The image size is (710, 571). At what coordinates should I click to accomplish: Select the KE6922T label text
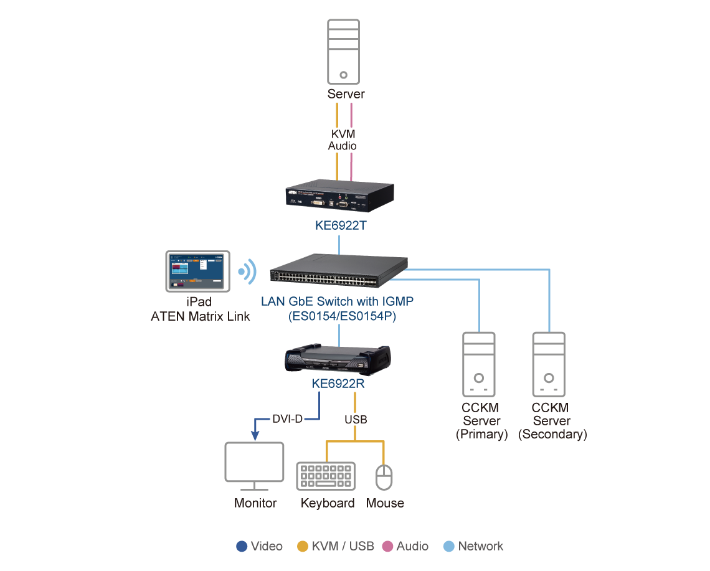click(x=339, y=225)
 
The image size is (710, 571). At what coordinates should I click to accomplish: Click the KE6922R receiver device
click(x=338, y=360)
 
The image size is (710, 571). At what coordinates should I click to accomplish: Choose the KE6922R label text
click(x=338, y=384)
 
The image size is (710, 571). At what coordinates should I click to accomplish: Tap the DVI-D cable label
click(x=287, y=418)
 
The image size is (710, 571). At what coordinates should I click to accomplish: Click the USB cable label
click(x=356, y=420)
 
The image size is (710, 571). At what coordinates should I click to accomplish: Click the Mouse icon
click(x=384, y=477)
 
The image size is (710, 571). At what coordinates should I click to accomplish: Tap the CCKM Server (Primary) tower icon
click(x=478, y=365)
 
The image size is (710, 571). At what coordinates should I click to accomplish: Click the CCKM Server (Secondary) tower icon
click(x=549, y=365)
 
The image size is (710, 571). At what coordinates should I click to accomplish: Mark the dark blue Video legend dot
click(x=242, y=546)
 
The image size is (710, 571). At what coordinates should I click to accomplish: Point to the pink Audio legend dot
click(x=387, y=546)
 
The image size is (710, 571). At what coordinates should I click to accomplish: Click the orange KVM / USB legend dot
click(x=303, y=546)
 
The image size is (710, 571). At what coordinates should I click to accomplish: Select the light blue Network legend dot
click(x=450, y=546)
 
